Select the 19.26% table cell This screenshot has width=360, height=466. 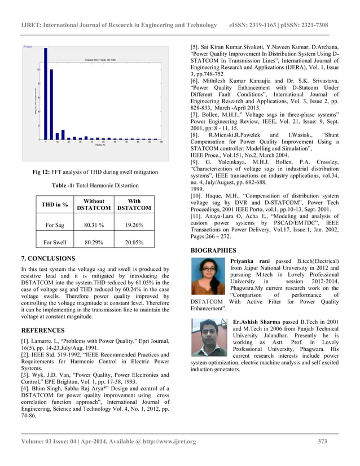click(x=134, y=226)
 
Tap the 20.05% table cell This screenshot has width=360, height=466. click(x=134, y=243)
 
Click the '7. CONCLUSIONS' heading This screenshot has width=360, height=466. click(x=47, y=258)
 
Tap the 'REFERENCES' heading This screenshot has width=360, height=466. click(x=42, y=330)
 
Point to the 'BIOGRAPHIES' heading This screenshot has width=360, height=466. click(x=214, y=250)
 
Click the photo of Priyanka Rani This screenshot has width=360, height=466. click(x=209, y=276)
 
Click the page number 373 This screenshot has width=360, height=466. click(x=322, y=441)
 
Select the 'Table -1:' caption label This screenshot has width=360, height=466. click(x=65, y=185)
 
